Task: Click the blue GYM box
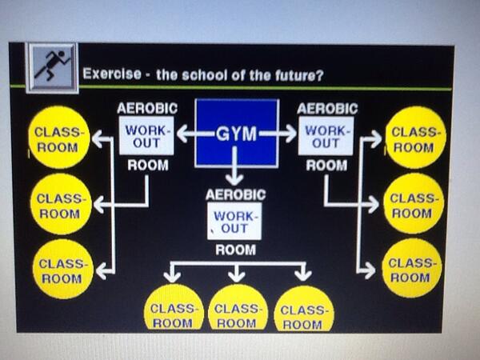[x=237, y=134]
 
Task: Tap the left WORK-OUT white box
[x=146, y=136]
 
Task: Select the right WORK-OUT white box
[x=326, y=136]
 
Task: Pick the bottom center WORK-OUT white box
[x=234, y=222]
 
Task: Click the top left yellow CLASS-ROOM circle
[x=59, y=138]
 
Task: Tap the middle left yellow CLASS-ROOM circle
[x=60, y=204]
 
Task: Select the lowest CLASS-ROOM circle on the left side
[x=61, y=270]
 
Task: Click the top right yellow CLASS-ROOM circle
[x=414, y=138]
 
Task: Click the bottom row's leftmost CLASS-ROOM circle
[x=173, y=310]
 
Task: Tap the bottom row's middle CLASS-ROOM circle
[x=238, y=310]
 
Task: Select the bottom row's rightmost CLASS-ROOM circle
[x=303, y=310]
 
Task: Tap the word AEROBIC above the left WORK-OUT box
[x=147, y=108]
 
